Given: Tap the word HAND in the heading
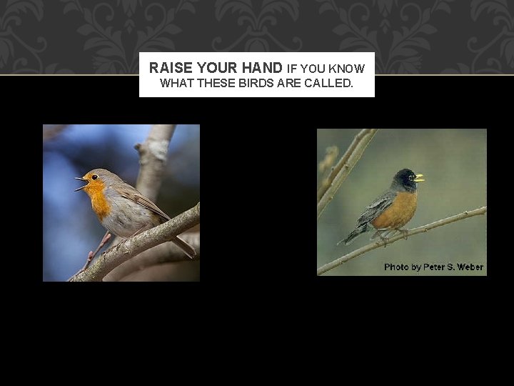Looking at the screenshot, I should pyautogui.click(x=263, y=68).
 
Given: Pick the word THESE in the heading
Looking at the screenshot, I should pyautogui.click(x=215, y=83).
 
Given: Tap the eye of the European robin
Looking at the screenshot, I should pyautogui.click(x=94, y=177).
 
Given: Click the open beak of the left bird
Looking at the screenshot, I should pyautogui.click(x=81, y=184).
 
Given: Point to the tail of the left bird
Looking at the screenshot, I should pyautogui.click(x=184, y=247).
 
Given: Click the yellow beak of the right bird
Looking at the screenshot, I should pyautogui.click(x=419, y=177).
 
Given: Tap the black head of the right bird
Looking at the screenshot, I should pyautogui.click(x=405, y=178).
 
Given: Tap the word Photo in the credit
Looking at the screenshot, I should pyautogui.click(x=396, y=267).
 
